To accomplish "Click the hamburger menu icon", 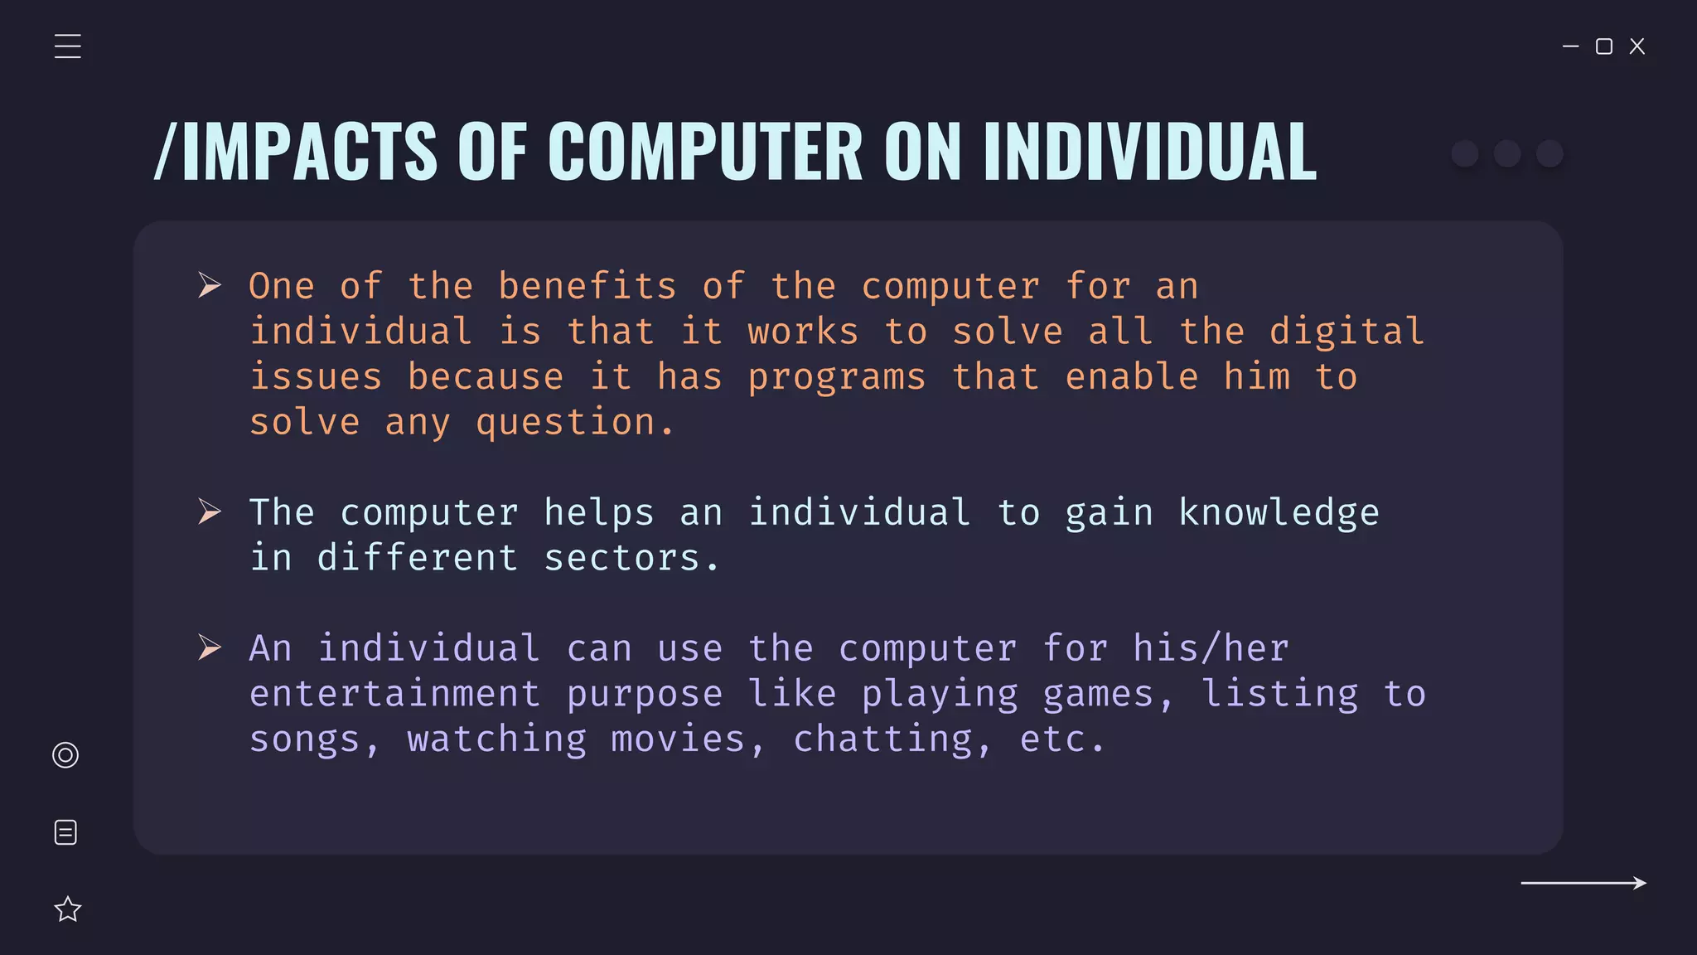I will (68, 46).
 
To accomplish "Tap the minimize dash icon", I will (1570, 46).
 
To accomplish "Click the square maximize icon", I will (1604, 46).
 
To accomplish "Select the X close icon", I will (1637, 46).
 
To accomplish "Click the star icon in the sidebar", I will (68, 909).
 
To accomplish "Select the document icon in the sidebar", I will (65, 832).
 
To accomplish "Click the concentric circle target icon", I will (65, 755).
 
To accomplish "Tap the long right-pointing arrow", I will (1583, 883).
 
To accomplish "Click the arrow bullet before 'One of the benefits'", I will (210, 285).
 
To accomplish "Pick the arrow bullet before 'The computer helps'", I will (210, 511).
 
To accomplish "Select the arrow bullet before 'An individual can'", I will (210, 647).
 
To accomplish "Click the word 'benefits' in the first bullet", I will (587, 287).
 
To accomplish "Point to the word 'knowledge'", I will (1279, 513).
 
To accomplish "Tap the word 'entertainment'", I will (394, 694).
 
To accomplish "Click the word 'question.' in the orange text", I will (575, 423).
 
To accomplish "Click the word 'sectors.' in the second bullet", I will (631, 559).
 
